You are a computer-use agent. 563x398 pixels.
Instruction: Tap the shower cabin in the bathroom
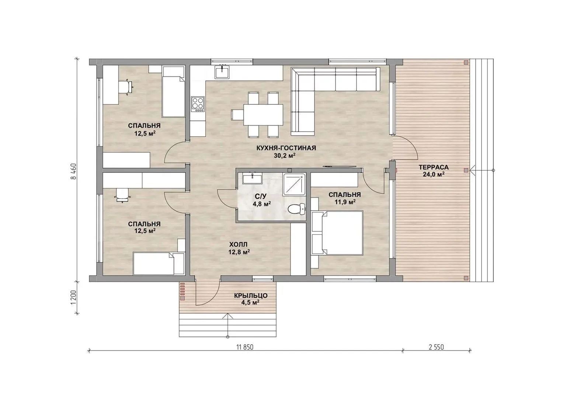click(294, 185)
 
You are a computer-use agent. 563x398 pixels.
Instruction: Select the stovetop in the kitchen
click(198, 104)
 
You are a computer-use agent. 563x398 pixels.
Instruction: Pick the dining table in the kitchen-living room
click(263, 115)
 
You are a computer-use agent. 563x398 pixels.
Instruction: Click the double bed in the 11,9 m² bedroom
click(337, 233)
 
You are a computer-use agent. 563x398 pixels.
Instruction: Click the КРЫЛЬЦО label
click(251, 296)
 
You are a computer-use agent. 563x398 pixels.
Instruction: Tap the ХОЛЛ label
click(238, 244)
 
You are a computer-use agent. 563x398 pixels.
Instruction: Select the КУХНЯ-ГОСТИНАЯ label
click(286, 148)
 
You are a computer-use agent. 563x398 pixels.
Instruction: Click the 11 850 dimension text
click(245, 347)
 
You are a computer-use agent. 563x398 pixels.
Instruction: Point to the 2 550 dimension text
click(436, 347)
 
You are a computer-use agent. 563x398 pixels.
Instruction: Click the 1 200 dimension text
click(73, 297)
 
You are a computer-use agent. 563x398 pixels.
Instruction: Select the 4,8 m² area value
click(262, 204)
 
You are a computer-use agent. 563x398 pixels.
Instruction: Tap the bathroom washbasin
click(252, 178)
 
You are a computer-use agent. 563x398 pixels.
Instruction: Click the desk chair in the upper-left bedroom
click(126, 87)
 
